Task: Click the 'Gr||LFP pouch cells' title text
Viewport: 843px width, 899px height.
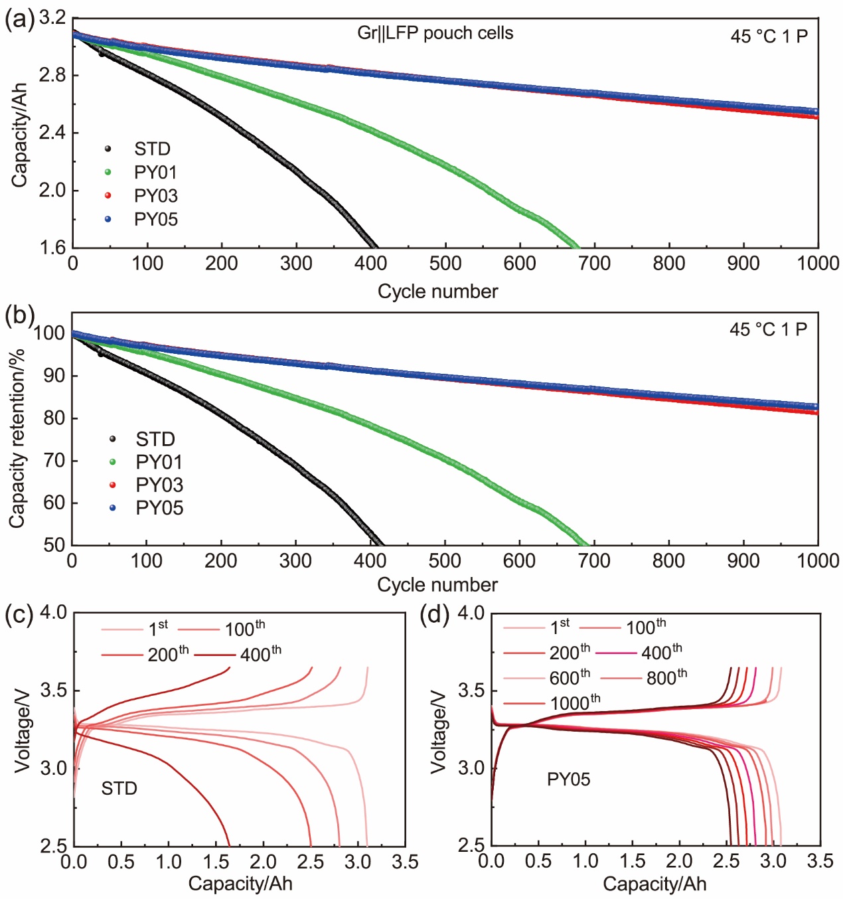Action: [435, 33]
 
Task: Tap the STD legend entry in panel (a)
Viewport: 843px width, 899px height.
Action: [152, 149]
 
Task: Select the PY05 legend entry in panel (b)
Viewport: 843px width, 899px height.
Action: [159, 508]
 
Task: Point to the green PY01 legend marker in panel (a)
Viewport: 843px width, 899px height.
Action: [108, 173]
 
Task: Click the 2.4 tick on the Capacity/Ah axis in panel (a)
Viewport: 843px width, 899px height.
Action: [53, 133]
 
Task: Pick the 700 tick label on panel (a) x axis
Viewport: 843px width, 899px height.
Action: [594, 264]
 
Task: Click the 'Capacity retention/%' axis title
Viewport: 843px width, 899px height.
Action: [17, 438]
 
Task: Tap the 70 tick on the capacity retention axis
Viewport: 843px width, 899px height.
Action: [54, 461]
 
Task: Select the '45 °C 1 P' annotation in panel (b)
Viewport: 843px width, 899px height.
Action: [768, 329]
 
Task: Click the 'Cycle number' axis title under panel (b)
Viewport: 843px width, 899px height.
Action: [437, 585]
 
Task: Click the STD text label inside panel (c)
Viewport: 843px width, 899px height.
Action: [119, 789]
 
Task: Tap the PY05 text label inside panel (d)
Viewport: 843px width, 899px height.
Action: [568, 779]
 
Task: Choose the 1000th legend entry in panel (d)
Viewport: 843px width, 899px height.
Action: [575, 702]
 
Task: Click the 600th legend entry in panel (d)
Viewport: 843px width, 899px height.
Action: [570, 678]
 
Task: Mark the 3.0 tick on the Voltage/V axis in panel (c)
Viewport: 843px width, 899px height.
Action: [56, 768]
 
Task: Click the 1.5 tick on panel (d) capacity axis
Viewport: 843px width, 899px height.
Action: [632, 862]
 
